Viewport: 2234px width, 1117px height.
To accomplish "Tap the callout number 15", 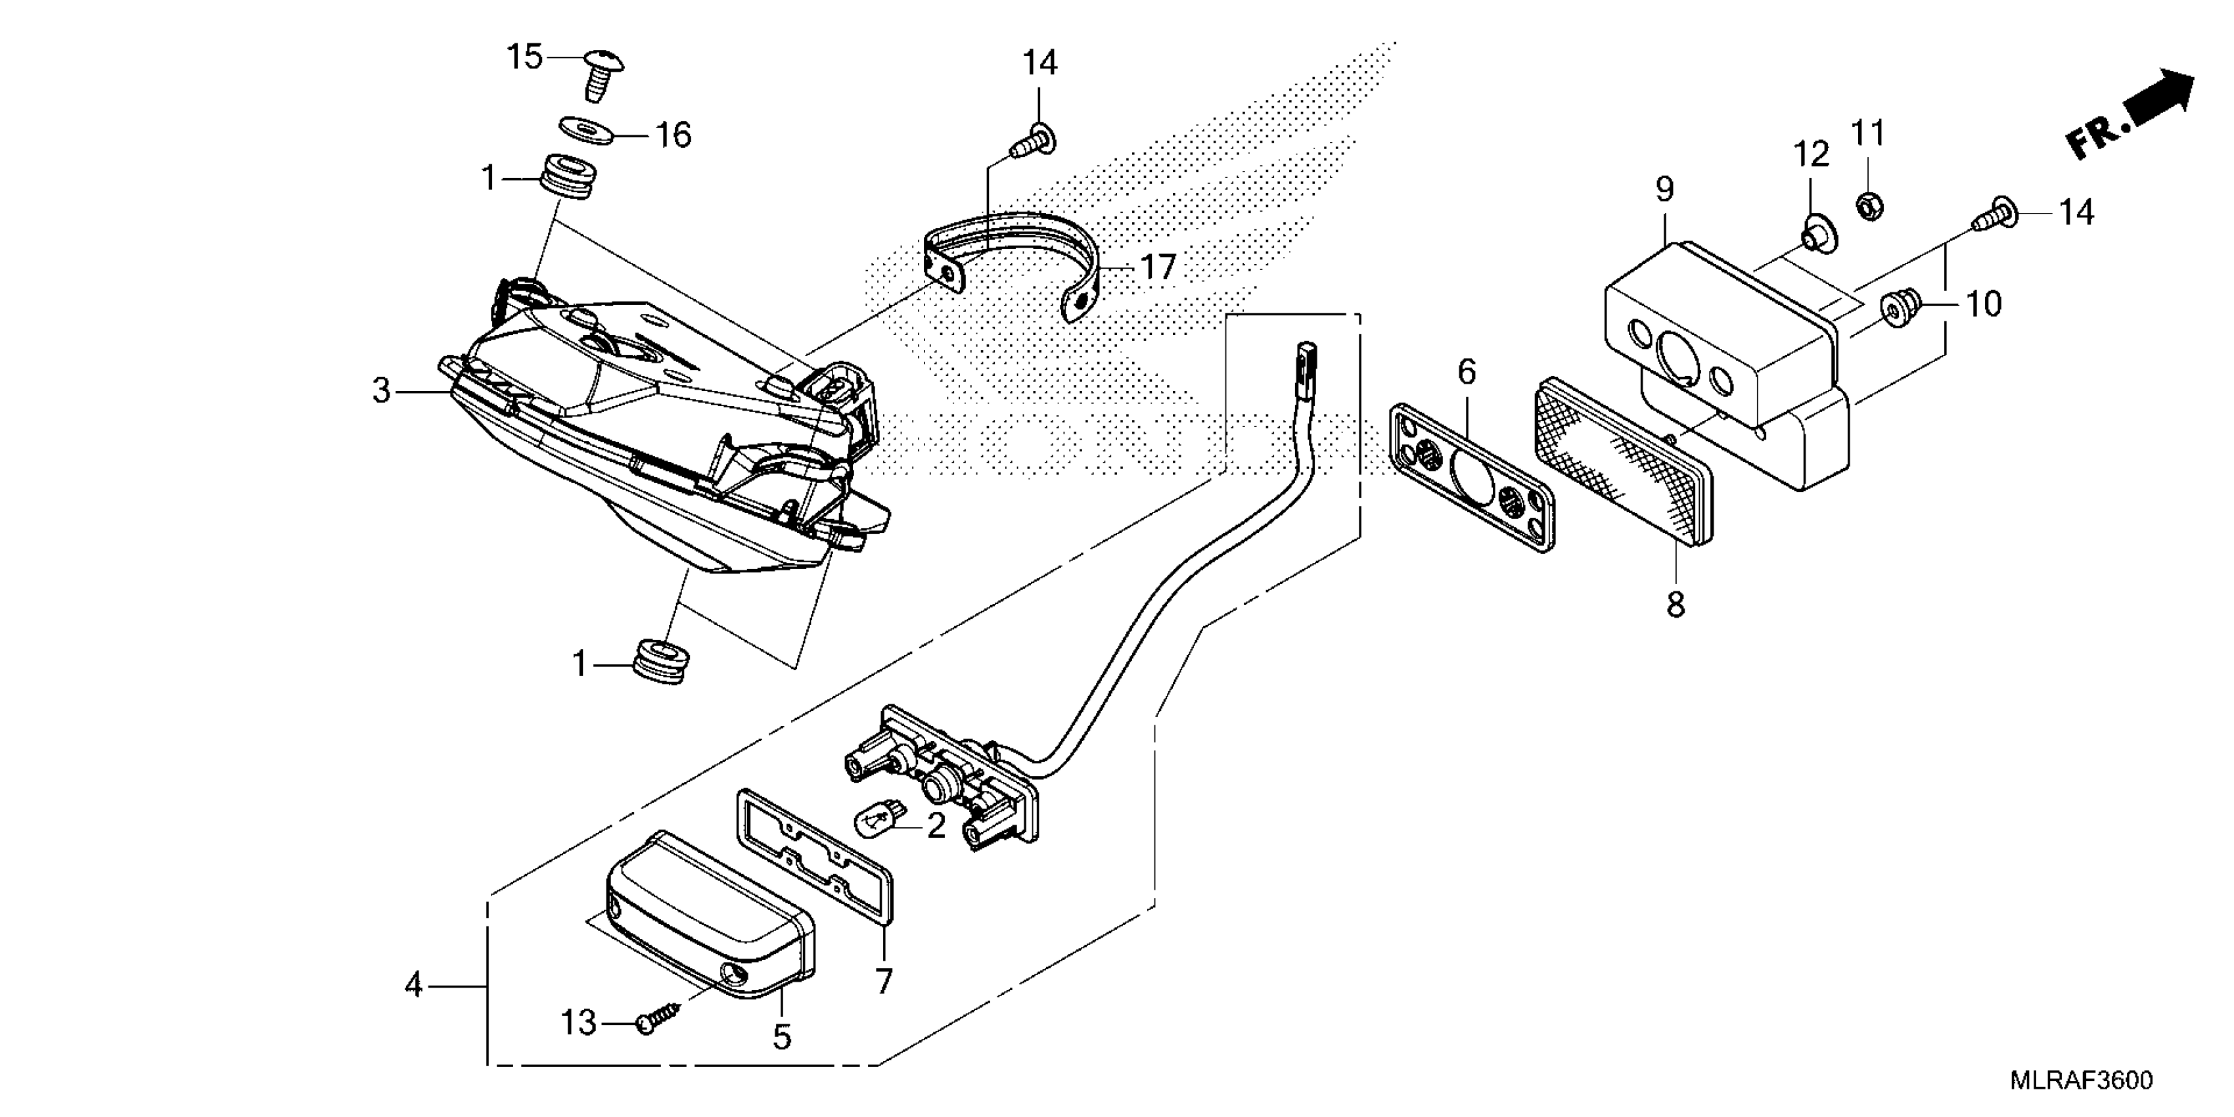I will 525,57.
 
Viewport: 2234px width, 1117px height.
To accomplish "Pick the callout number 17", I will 1157,268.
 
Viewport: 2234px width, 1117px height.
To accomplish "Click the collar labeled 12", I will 1814,237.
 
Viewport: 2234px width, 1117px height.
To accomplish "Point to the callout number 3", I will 382,391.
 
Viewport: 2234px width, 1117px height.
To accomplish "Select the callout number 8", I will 1675,604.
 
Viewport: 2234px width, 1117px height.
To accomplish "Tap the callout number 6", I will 1467,373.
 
